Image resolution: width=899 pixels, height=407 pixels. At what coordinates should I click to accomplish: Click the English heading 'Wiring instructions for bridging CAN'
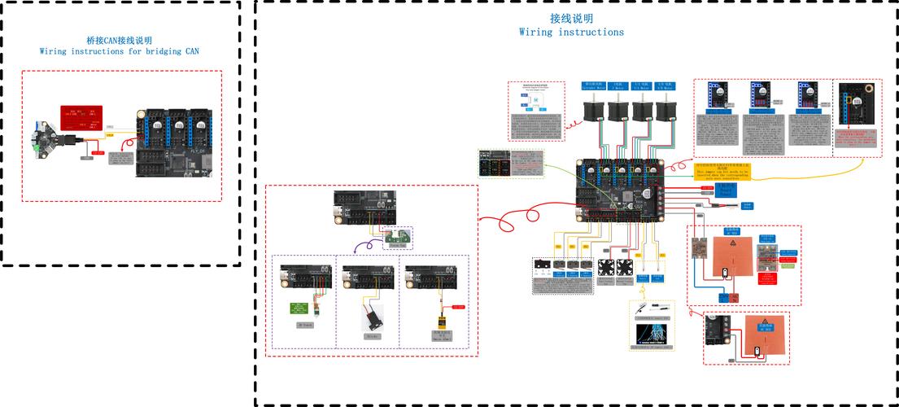coord(119,50)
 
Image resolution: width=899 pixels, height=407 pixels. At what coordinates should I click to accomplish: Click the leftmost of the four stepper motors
coord(592,106)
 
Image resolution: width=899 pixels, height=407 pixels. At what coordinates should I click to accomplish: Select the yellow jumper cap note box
coord(722,171)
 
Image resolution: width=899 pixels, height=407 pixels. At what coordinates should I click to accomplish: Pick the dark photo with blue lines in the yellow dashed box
coord(653,335)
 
